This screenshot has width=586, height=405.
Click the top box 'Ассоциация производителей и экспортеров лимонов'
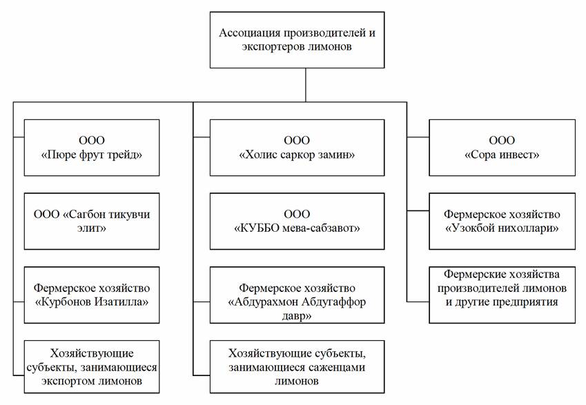(x=297, y=40)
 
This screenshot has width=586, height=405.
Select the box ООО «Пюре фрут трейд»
(x=92, y=148)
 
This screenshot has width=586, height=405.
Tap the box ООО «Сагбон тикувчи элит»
(x=92, y=221)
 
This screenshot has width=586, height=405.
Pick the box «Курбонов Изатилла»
(x=92, y=295)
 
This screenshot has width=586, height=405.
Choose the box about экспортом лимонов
(x=92, y=366)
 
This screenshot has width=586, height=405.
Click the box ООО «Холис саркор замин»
(x=297, y=148)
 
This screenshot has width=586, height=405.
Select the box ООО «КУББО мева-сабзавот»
(x=297, y=221)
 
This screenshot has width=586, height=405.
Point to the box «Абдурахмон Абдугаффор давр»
(x=297, y=295)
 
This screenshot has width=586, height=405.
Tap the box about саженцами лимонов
(x=297, y=366)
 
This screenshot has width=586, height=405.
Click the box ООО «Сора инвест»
(x=502, y=148)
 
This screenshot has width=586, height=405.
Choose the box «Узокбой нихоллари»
(x=502, y=221)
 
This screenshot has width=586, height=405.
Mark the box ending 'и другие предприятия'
(x=502, y=295)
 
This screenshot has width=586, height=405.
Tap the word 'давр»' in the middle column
(x=297, y=316)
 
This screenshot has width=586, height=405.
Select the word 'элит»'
(x=92, y=228)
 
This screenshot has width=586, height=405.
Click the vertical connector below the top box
(x=306, y=85)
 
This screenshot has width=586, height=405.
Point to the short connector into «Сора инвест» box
(x=418, y=137)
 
